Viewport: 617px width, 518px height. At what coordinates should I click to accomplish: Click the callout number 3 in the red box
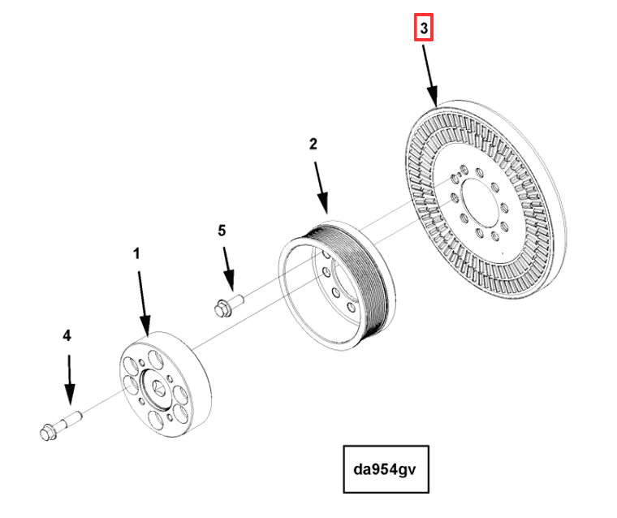click(423, 30)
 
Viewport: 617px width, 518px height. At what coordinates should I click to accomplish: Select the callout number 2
click(313, 145)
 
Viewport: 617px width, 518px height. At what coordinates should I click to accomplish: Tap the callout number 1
click(136, 254)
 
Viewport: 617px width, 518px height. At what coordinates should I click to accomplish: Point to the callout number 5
click(222, 231)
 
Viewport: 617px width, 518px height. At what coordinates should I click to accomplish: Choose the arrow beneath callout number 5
click(227, 267)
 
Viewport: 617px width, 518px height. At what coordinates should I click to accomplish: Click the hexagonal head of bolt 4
click(45, 433)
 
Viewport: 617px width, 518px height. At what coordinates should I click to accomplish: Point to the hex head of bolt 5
click(219, 309)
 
